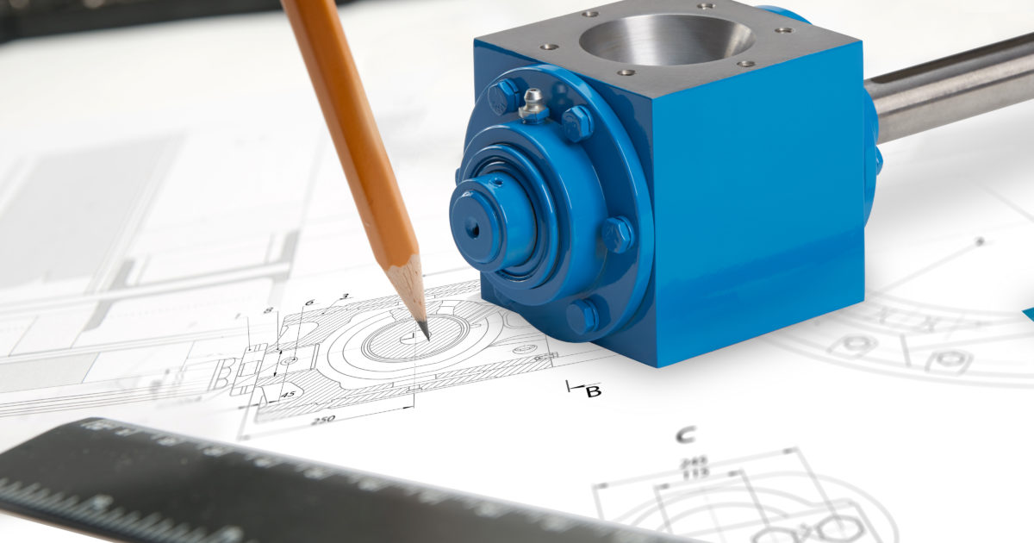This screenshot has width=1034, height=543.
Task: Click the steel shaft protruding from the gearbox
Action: click(x=948, y=86)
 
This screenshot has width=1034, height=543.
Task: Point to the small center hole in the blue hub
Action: click(x=473, y=228)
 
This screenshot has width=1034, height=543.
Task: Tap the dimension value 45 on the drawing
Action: click(x=288, y=394)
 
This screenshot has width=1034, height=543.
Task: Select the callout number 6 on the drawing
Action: click(x=308, y=303)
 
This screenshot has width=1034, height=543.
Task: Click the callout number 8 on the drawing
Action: click(x=268, y=311)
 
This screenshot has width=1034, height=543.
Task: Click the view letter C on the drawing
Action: click(x=685, y=435)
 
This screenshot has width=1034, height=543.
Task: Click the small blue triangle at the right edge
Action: click(x=1028, y=314)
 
